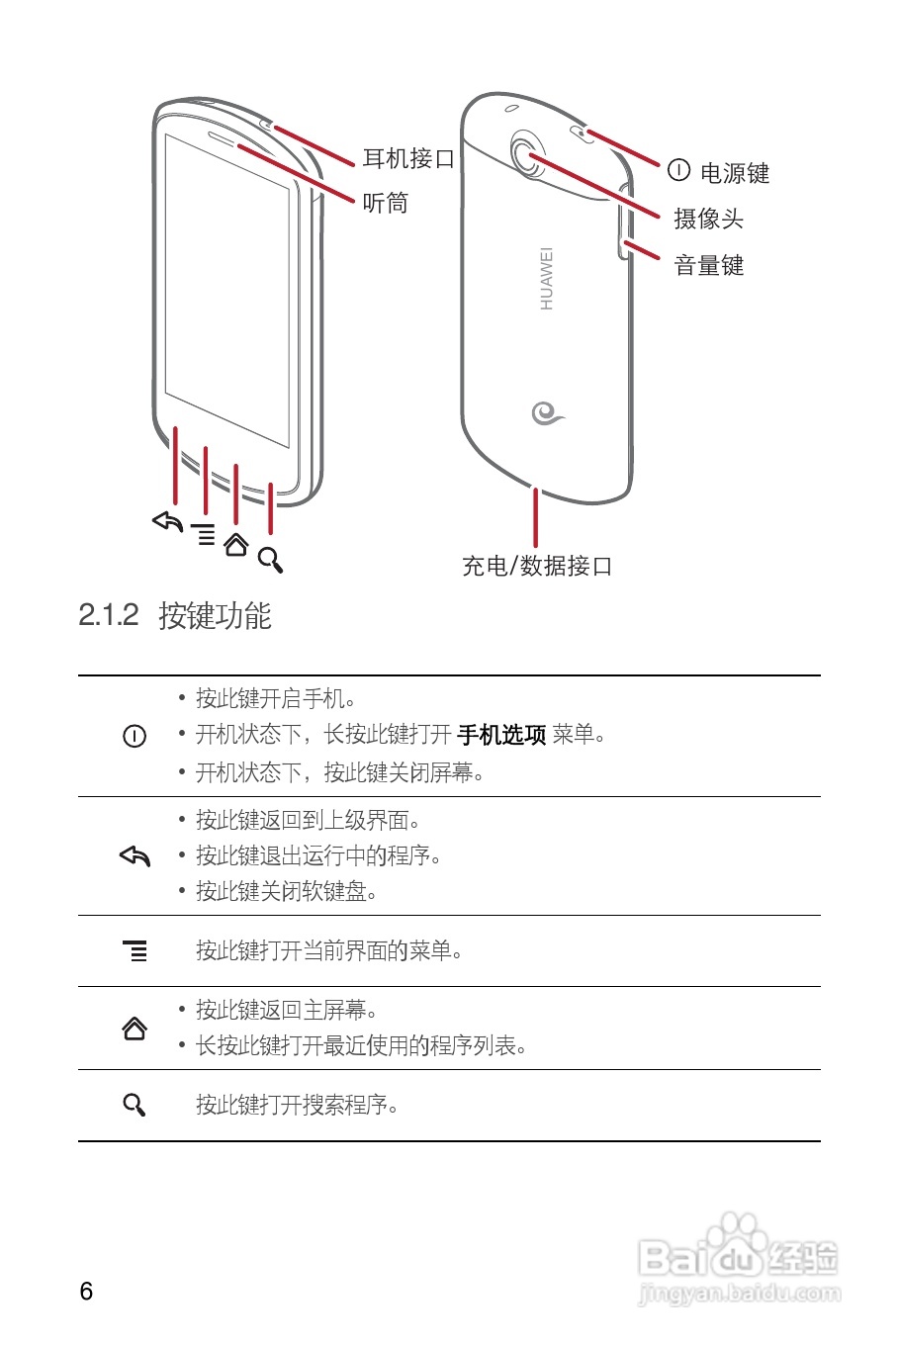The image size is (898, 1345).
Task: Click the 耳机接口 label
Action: (408, 158)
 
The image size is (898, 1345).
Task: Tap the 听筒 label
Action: (386, 203)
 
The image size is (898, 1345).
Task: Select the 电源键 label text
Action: (734, 173)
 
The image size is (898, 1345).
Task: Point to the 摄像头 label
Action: (708, 219)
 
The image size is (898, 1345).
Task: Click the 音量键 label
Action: (708, 265)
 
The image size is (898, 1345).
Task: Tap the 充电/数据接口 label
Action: (537, 566)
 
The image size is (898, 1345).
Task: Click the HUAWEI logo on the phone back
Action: (546, 279)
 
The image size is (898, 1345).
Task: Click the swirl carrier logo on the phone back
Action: (546, 412)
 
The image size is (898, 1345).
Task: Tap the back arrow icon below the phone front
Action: (168, 521)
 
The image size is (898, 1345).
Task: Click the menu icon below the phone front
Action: (204, 534)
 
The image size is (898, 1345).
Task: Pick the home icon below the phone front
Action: (235, 545)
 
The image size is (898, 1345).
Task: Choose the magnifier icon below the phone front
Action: (271, 560)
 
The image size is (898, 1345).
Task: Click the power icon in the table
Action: (135, 736)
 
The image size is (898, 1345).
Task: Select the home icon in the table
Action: (135, 1029)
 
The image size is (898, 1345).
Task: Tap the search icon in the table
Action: (135, 1105)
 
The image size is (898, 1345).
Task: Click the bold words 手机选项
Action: (501, 735)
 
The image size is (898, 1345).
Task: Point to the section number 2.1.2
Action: (109, 615)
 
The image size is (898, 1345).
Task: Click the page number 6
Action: (86, 1291)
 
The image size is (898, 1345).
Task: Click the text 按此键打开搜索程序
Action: (297, 1105)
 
